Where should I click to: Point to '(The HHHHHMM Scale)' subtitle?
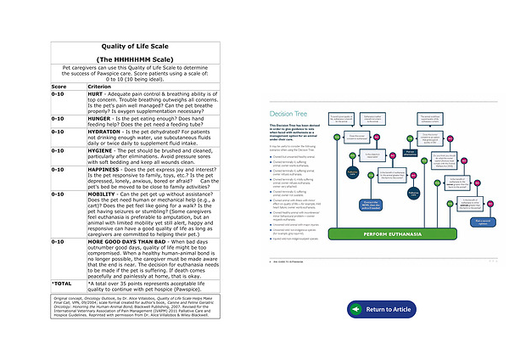[137, 59]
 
